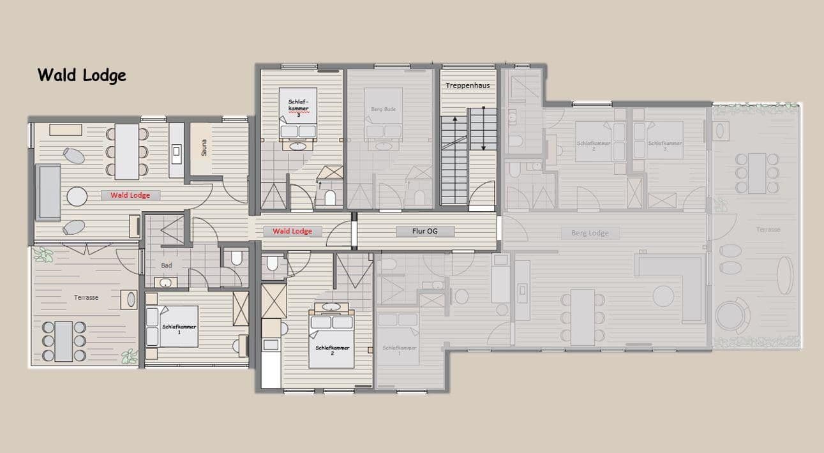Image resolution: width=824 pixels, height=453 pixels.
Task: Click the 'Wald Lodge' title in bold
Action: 82,75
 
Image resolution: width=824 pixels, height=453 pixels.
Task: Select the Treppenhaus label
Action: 468,85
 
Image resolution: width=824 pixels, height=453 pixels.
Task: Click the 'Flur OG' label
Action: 424,231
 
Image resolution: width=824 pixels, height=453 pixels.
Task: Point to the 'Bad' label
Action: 167,265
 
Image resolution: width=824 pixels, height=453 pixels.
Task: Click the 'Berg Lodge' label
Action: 590,233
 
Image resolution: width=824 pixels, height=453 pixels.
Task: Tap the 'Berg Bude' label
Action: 384,109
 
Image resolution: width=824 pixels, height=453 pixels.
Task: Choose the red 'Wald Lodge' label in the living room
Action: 130,195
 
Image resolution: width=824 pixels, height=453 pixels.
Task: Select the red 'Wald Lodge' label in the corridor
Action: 292,231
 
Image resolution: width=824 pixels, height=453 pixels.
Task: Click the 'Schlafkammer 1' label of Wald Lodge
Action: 179,329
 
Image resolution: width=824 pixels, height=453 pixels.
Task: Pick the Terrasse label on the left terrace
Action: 86,297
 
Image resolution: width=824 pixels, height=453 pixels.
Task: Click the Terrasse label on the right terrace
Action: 768,229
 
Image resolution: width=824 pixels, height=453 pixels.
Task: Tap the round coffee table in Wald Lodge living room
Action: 77,197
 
